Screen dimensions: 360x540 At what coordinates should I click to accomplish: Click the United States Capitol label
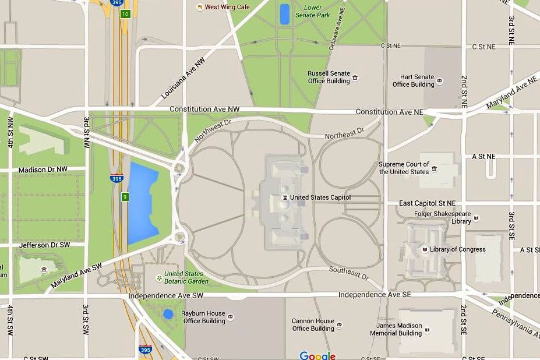320,197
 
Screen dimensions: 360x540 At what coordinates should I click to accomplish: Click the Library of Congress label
457,249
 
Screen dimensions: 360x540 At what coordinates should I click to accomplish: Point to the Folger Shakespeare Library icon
477,218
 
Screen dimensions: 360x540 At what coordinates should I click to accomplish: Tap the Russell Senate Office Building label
329,77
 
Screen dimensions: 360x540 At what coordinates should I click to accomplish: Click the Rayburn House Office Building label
204,317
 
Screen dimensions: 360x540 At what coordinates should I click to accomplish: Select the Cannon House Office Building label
313,324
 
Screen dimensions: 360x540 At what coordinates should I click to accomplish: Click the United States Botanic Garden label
186,277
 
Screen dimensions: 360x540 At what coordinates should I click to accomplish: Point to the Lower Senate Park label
313,12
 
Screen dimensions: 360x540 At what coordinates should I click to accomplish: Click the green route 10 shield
125,13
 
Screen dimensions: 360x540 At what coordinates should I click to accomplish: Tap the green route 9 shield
125,197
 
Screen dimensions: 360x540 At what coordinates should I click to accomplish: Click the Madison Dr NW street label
43,170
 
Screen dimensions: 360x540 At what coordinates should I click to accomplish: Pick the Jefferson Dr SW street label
44,245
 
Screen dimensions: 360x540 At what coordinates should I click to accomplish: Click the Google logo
317,355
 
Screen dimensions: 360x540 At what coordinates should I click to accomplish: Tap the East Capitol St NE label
427,203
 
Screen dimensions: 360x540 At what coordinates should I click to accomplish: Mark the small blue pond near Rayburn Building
168,314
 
